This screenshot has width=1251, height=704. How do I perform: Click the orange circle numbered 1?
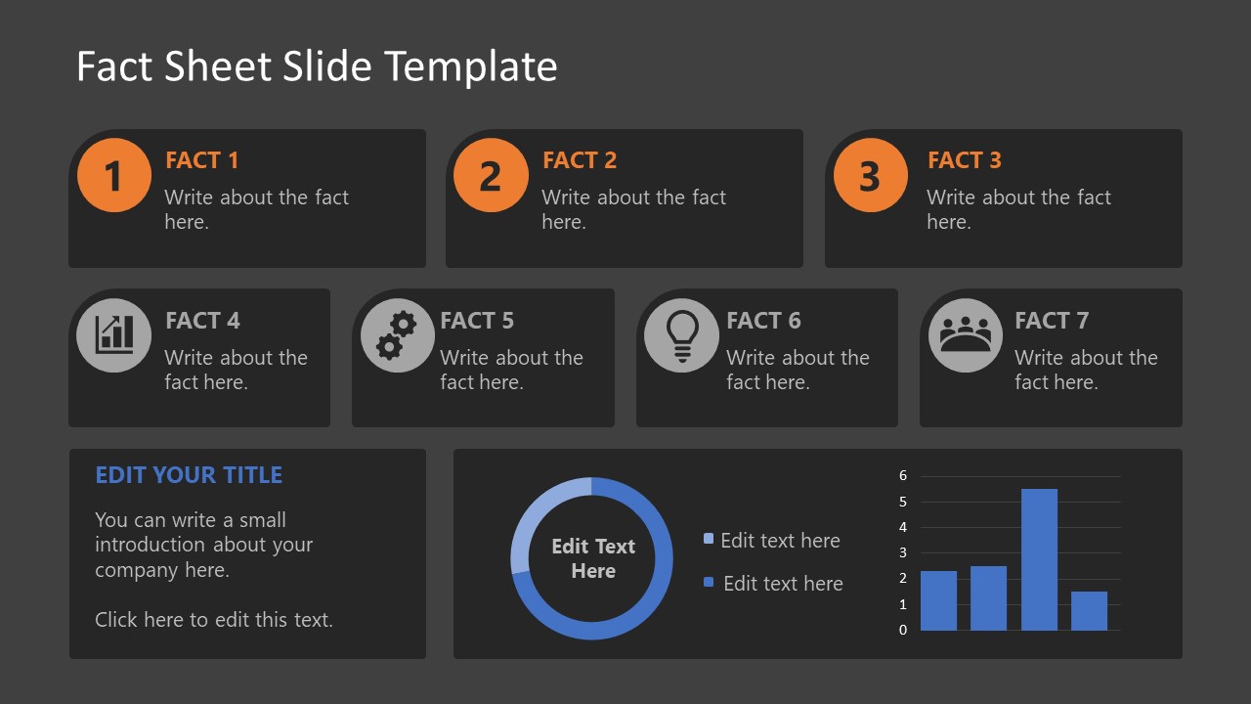113,176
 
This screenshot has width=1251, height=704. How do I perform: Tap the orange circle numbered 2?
491,176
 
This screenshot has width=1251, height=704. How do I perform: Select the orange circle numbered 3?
870,176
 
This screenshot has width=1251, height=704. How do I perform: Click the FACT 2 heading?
580,160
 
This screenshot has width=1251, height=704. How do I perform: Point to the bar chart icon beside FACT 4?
113,335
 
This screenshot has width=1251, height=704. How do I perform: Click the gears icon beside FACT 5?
397,335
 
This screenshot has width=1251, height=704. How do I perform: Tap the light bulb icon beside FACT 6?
681,335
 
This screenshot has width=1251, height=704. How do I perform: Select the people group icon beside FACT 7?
965,335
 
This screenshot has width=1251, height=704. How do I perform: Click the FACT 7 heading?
1051,321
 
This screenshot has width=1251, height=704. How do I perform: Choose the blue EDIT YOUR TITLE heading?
189,475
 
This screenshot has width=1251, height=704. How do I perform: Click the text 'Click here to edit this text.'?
214,620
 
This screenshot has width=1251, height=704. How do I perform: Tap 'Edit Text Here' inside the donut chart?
592,558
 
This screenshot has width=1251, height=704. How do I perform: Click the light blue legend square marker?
709,539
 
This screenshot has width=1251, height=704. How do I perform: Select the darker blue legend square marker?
709,582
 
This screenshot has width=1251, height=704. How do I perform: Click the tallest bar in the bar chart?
1039,559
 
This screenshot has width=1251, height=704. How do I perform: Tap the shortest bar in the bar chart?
1089,611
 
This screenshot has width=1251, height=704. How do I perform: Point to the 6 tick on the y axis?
903,476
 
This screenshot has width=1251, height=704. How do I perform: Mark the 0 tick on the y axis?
903,630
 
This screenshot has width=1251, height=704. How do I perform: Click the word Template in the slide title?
470,66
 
